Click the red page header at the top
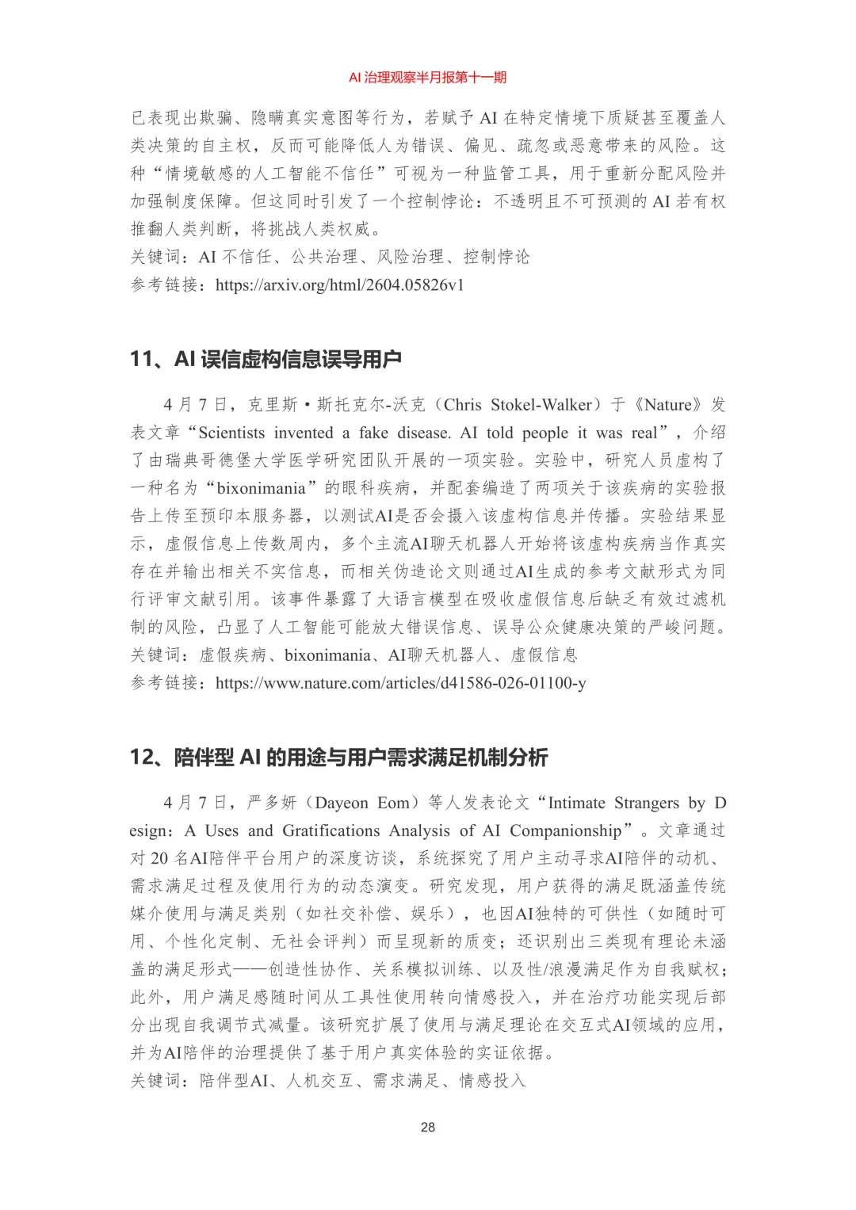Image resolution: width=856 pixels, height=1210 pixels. click(x=427, y=77)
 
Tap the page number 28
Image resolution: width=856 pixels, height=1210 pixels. click(x=428, y=1127)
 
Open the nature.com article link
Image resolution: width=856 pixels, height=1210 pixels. click(x=400, y=682)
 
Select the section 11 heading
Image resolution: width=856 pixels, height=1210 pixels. click(x=266, y=359)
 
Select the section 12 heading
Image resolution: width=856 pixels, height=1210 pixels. click(x=338, y=757)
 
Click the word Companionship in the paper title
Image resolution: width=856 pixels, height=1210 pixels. click(x=566, y=830)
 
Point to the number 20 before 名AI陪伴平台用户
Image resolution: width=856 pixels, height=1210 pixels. click(x=159, y=858)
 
